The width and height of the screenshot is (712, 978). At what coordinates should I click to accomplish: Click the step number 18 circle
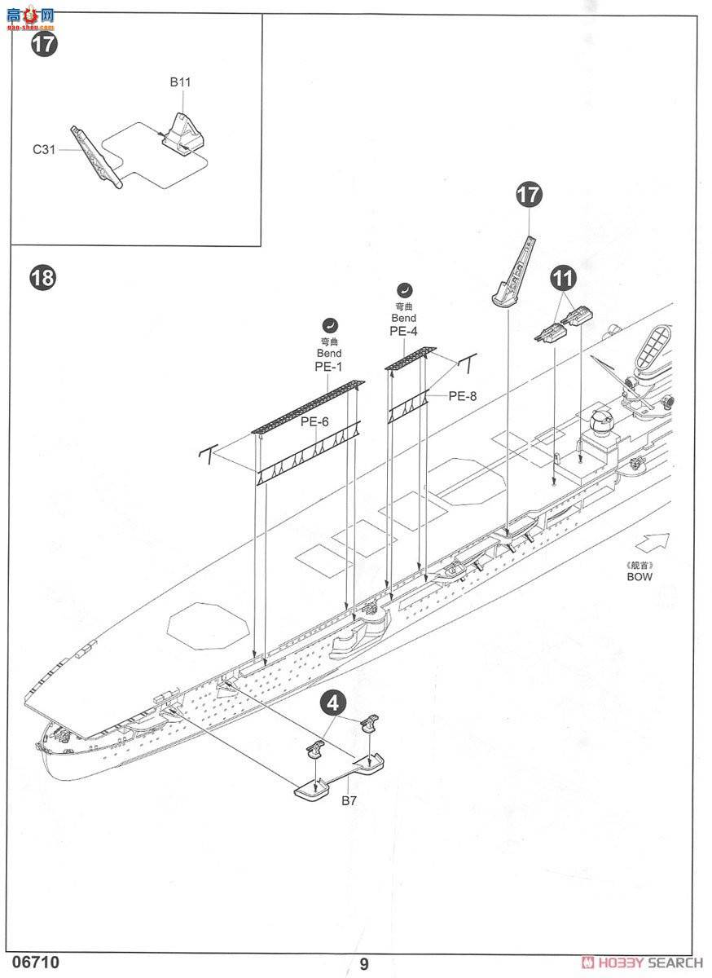[x=42, y=278]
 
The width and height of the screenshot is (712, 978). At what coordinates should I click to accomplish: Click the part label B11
[x=180, y=82]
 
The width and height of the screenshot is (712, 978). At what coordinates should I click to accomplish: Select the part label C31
[x=43, y=149]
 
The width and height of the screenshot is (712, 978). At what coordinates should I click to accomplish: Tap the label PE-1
[x=329, y=367]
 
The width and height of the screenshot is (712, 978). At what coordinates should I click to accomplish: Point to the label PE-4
[x=403, y=331]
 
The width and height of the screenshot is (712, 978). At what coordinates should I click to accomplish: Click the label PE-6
[x=314, y=421]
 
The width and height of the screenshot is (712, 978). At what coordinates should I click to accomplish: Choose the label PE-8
[x=462, y=396]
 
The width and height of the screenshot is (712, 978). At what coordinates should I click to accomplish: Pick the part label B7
[x=349, y=801]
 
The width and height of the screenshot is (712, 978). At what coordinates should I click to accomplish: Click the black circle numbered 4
[x=335, y=702]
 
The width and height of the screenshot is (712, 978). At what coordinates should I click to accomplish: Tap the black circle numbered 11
[x=562, y=278]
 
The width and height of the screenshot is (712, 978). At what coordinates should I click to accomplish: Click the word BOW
[x=639, y=576]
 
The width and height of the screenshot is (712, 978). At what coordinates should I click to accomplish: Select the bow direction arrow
[x=654, y=541]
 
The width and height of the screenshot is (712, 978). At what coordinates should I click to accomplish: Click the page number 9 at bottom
[x=363, y=963]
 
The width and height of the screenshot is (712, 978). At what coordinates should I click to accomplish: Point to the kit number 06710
[x=36, y=962]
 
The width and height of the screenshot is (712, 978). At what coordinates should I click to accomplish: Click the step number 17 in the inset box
[x=44, y=44]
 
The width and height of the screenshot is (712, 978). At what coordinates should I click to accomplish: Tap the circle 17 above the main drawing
[x=529, y=195]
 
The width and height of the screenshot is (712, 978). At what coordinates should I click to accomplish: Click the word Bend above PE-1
[x=329, y=353]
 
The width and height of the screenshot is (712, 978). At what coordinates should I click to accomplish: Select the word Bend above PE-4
[x=403, y=317]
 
